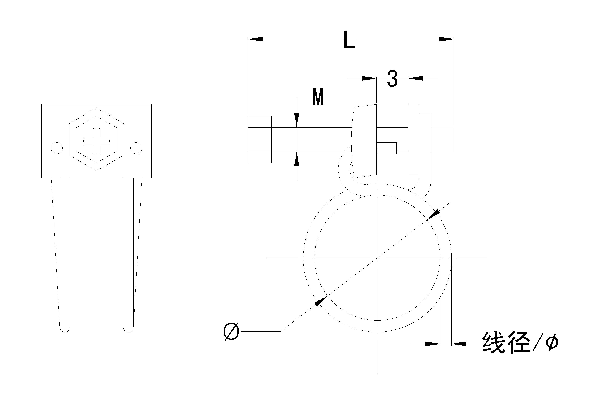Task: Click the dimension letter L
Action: [x=349, y=39]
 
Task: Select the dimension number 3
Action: [x=392, y=79]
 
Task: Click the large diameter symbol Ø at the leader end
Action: [x=231, y=331]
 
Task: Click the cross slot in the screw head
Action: [x=96, y=141]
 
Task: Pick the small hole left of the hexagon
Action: [x=57, y=148]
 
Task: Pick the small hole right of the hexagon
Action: [x=136, y=148]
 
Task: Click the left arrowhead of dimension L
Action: [x=256, y=39]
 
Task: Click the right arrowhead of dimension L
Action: [x=447, y=39]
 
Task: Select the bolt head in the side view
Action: [x=260, y=139]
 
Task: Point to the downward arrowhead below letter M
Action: [x=297, y=120]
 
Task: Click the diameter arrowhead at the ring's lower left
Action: [x=320, y=301]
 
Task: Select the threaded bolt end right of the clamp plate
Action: [x=442, y=139]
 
